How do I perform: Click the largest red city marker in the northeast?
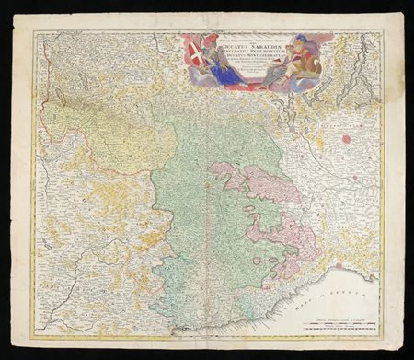tap(347, 139)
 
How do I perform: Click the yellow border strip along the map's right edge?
tap(379, 184)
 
